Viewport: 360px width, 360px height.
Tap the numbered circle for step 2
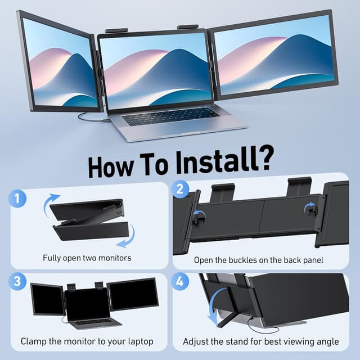tap(181, 190)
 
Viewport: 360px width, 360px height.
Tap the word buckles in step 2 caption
tap(245, 260)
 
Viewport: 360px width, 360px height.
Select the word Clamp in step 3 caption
tap(34, 341)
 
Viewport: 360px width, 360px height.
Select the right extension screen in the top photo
tap(275, 53)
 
